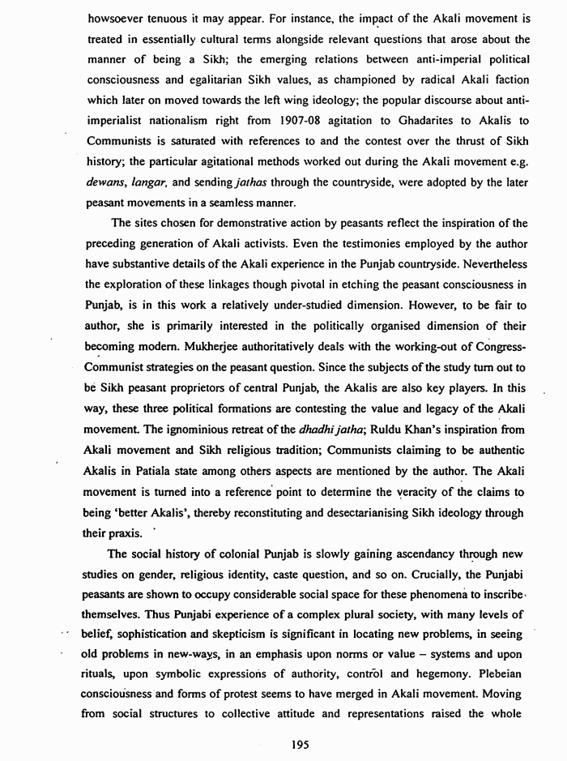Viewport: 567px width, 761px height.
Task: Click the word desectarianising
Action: pos(386,512)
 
